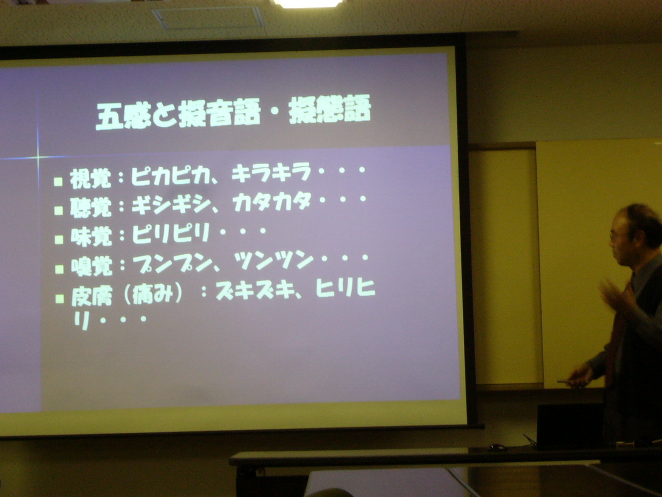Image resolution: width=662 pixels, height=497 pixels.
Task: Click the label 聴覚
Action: tap(91, 207)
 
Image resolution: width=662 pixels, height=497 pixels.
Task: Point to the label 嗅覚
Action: tap(92, 266)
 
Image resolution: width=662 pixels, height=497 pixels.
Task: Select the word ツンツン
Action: tap(273, 260)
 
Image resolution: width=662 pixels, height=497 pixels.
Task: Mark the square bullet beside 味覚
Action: tap(59, 240)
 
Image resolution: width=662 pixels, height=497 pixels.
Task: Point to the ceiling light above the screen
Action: tap(308, 4)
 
